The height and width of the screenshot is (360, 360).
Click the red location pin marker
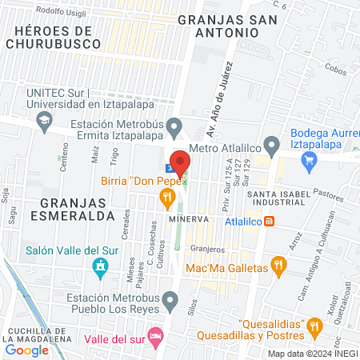181,162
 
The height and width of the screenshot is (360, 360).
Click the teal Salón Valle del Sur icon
100,267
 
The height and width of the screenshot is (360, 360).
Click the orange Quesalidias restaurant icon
314,325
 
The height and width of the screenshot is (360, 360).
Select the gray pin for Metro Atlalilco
271,146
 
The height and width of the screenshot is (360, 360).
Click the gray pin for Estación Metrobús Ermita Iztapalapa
176,127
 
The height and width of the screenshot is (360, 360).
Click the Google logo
27,350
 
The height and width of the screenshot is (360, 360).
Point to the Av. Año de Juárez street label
222,90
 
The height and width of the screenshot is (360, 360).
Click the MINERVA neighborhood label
188,218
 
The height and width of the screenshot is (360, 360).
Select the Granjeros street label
207,248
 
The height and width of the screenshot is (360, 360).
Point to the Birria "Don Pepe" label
138,182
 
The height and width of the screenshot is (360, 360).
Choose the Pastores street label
327,194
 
